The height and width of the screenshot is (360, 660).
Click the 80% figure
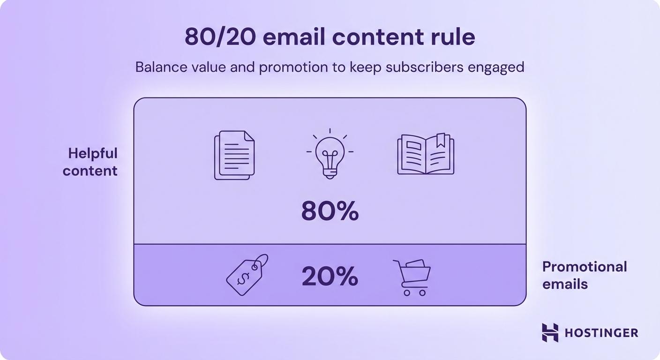pos(330,212)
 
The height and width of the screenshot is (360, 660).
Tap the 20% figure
pos(330,277)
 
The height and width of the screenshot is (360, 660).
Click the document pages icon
pos(234,155)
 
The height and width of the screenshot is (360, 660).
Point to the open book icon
pos(426,154)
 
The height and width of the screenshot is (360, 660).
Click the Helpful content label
pos(90,162)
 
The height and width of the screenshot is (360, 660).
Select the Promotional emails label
pos(584,275)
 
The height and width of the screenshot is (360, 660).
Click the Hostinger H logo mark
pos(550,332)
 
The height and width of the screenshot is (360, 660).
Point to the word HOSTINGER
pos(601,333)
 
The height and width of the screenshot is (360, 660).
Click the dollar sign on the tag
pos(243,278)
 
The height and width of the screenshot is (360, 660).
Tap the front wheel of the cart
pos(407,293)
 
